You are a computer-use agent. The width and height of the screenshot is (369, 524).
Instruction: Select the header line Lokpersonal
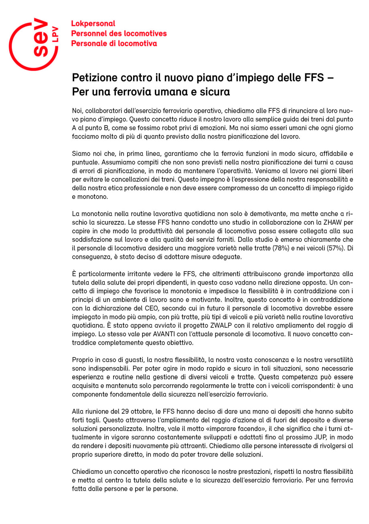tap(93, 24)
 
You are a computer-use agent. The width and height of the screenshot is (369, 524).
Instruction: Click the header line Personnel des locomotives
tap(119, 34)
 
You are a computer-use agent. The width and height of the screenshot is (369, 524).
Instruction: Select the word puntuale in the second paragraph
tap(85, 162)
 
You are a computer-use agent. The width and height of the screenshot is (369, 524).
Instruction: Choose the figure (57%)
tap(335, 248)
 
